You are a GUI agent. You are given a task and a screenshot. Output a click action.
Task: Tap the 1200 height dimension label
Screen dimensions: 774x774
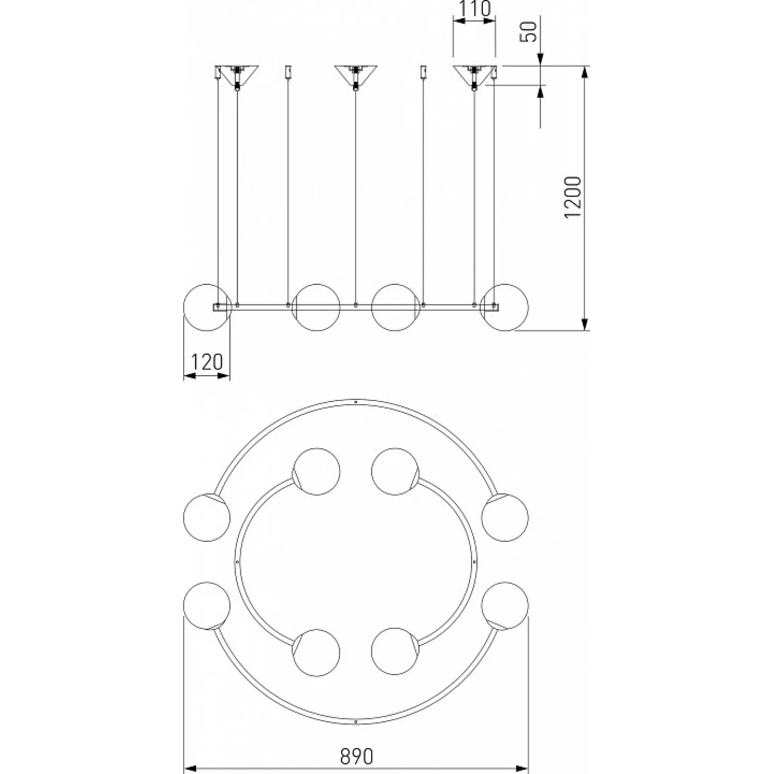click(x=573, y=197)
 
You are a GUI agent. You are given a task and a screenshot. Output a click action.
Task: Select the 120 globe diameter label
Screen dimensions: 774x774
click(x=206, y=362)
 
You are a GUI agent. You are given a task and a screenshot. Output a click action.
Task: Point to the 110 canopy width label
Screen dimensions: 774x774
click(x=474, y=9)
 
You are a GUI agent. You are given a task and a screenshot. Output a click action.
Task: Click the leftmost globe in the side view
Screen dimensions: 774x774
click(x=207, y=307)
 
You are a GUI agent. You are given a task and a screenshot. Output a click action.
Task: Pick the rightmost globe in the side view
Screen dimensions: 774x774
click(x=505, y=307)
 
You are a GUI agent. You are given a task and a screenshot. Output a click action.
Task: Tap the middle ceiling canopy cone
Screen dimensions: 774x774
click(x=355, y=74)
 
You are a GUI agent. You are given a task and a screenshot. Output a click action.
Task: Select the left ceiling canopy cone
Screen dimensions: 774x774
click(x=237, y=74)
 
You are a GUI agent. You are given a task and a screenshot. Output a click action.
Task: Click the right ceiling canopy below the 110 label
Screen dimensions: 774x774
click(x=474, y=74)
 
